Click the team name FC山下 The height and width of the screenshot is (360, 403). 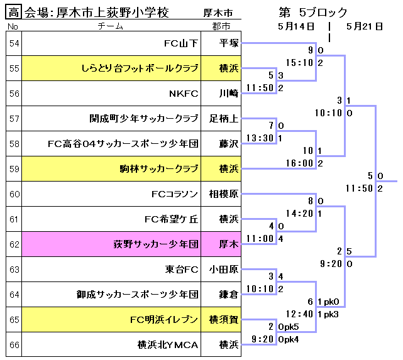tap(180, 43)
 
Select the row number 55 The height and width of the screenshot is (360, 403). tap(14, 68)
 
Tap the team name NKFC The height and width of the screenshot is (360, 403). tap(184, 94)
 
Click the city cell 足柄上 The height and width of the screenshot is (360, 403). tap(223, 119)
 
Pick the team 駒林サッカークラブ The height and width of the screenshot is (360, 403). tap(158, 169)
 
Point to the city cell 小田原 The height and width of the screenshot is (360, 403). tap(223, 270)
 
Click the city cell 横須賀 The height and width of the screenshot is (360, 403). tap(223, 320)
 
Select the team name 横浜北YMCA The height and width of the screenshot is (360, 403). tap(168, 345)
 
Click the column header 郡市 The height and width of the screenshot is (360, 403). tap(221, 26)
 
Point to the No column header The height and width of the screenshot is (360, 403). tap(14, 26)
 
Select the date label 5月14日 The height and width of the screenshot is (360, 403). tap(295, 26)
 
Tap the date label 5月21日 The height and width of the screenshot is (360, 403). tap(364, 26)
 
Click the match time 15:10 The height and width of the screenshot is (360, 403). tap(299, 63)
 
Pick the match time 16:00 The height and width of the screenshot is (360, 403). tap(299, 163)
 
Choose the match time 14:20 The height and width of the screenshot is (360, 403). tap(299, 214)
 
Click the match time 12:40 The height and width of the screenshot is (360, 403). tap(299, 314)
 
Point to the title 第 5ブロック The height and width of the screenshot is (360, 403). tap(312, 13)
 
